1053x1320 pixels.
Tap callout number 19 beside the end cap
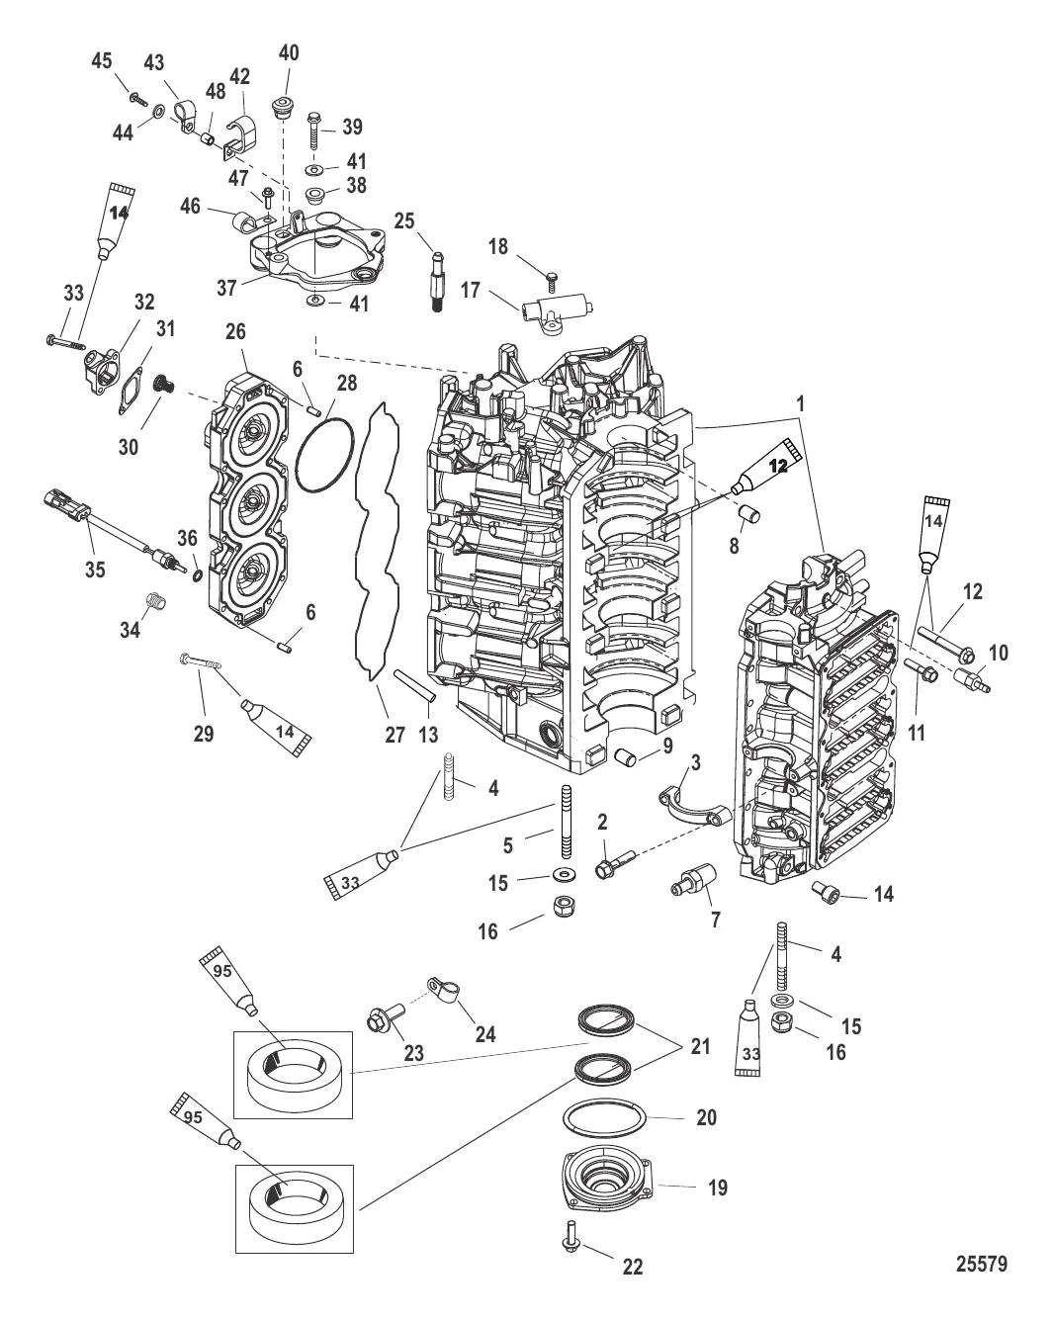[x=717, y=1188]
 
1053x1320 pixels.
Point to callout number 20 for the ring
[x=706, y=1117]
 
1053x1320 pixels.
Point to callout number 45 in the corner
[x=102, y=61]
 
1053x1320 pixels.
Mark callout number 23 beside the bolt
[x=413, y=1053]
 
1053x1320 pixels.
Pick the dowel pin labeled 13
[x=412, y=686]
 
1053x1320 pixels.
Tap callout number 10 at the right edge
[x=999, y=653]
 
